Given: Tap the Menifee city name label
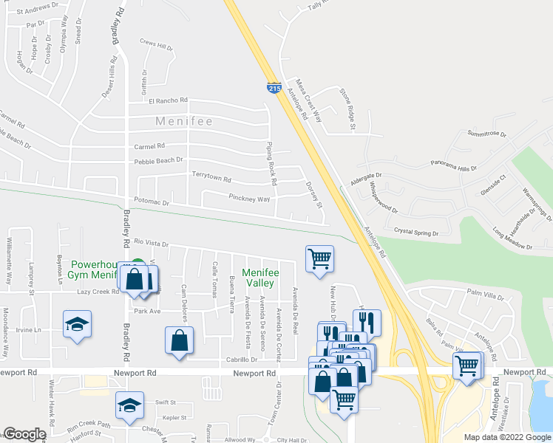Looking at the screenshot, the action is [184, 121].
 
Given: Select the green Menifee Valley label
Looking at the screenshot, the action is [259, 277].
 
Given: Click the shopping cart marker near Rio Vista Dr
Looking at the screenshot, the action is [319, 259].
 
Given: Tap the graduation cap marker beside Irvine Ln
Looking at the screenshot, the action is [77, 325].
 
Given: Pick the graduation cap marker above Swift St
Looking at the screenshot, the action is [129, 405].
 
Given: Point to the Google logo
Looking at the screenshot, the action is [24, 434].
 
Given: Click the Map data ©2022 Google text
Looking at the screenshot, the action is [507, 437].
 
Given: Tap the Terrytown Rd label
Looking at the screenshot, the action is [211, 179].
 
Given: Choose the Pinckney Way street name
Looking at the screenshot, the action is [249, 199].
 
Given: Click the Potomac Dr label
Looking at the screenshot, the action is [152, 202].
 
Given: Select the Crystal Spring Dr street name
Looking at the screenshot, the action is [416, 231].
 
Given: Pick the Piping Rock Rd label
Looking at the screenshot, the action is [271, 165].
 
